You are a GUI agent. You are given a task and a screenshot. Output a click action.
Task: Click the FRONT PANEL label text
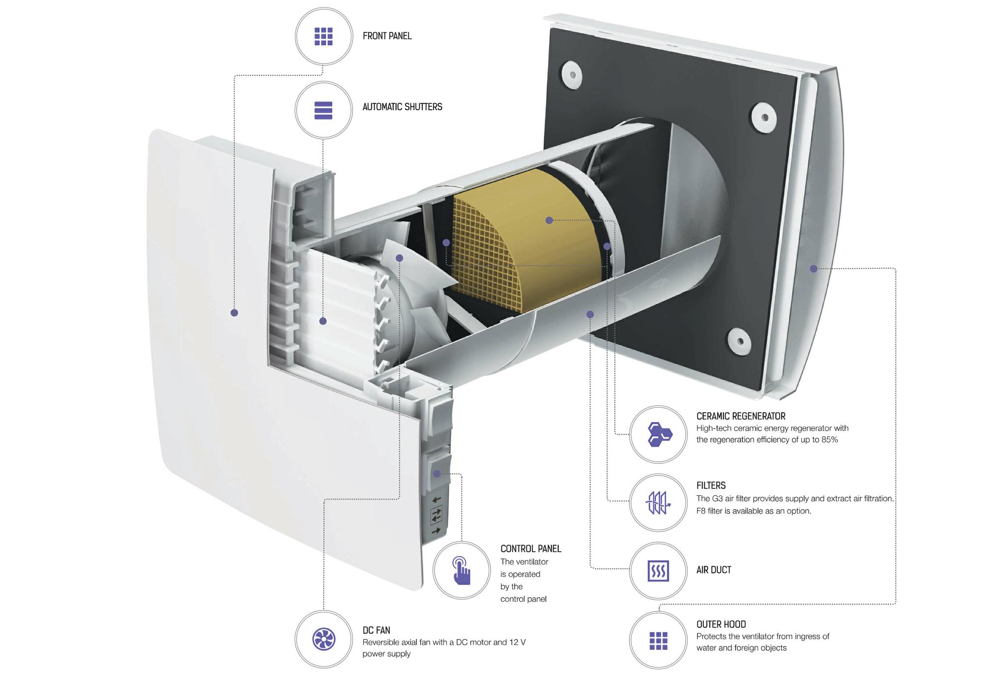point(387,36)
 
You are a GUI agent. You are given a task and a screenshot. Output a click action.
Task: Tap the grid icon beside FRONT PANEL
point(323,36)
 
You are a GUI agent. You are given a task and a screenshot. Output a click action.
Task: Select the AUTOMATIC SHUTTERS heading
point(402,107)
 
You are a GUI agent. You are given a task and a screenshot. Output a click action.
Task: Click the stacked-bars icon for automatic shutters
point(323,110)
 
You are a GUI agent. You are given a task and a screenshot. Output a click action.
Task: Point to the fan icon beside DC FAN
point(323,639)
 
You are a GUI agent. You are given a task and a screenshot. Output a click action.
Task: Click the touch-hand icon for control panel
point(462,571)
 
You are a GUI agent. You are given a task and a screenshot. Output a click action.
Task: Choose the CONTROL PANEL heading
point(531,548)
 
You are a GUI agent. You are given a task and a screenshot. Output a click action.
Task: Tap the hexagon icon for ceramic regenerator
point(659,434)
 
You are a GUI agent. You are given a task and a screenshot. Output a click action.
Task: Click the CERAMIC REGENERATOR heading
point(741,416)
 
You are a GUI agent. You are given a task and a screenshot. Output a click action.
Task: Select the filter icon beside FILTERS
point(659,503)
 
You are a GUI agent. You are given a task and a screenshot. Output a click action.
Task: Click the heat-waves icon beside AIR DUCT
point(659,571)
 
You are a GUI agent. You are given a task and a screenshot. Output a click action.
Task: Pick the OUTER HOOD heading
point(721,624)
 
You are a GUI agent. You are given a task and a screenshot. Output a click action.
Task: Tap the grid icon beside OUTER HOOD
point(659,641)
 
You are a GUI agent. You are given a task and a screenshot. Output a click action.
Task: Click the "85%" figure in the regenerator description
point(829,440)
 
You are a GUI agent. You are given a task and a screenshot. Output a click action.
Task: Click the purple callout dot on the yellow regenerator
point(549,220)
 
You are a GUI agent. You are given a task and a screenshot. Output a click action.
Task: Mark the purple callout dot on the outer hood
point(814,269)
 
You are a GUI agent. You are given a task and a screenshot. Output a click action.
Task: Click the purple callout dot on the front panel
point(234,313)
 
